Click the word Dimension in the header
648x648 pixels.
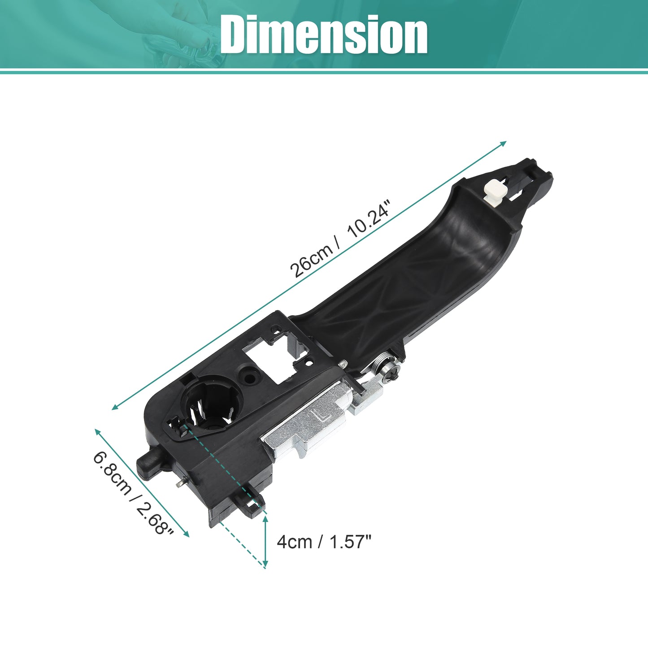pos(323,35)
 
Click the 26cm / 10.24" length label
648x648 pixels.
pos(341,239)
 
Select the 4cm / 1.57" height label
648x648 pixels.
pos(324,542)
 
